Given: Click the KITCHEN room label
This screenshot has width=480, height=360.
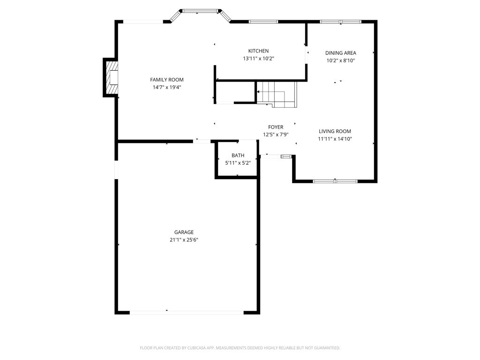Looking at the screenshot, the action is pos(258,51).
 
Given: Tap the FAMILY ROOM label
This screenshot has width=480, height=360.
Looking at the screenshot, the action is pos(167,80).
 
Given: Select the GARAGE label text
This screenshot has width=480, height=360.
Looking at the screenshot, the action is pos(184,232).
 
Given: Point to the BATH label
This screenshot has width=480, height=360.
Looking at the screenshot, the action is pos(238,155).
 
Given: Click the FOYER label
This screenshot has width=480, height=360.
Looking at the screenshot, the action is pos(276,127).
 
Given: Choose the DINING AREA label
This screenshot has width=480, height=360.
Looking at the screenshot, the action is pos(341,53).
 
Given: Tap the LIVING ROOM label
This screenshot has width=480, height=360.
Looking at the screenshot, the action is pos(335,131).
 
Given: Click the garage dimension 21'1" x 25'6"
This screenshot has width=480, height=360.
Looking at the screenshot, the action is pos(184,240).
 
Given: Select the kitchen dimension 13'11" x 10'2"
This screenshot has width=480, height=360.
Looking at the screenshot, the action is pos(258,59).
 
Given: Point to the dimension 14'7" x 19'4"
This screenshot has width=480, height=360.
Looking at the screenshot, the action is pos(167,87).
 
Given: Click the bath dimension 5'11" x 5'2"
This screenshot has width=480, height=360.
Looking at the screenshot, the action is pos(238,163).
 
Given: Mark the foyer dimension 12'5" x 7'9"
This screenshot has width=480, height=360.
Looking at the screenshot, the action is pos(276,135).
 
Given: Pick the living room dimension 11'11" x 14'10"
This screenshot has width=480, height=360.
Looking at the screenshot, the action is pos(335,139).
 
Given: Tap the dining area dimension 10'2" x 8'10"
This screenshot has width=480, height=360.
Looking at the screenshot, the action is pos(341,60).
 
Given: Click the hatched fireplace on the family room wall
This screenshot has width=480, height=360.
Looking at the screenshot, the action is pos(111,78).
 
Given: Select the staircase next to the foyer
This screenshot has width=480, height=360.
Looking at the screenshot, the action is pos(277,94).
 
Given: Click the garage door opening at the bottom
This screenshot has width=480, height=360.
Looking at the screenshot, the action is pos(187,313).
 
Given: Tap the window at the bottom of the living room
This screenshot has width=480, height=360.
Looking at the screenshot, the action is pos(335,181).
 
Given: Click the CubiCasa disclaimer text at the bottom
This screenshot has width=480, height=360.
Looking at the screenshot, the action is pos(240,348).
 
